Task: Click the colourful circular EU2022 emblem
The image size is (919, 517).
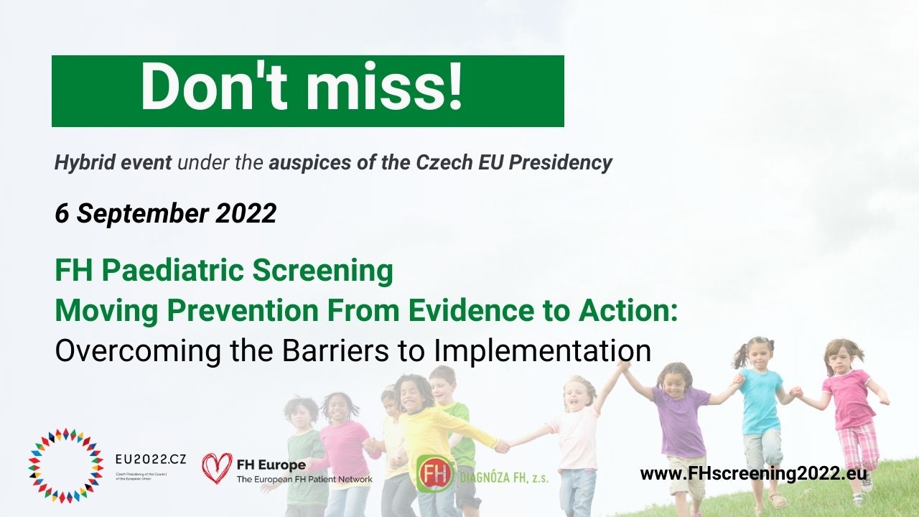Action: [x=65, y=465]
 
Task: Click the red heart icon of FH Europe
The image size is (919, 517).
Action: [x=217, y=467]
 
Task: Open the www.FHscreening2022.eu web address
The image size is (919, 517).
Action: [x=753, y=474]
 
